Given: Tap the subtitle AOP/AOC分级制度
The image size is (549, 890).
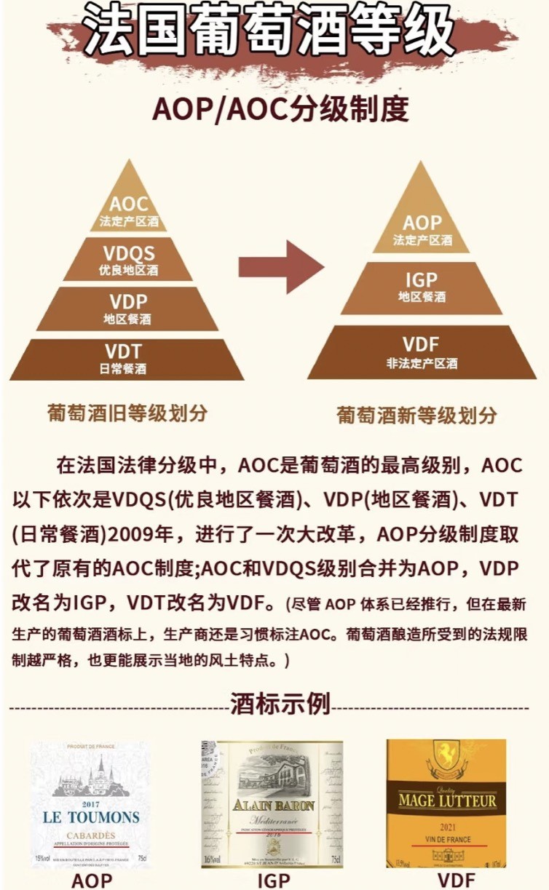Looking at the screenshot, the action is click(280, 110).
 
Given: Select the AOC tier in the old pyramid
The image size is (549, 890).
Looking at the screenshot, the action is click(129, 210).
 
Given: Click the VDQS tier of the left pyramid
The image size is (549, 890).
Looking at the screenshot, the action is click(129, 260).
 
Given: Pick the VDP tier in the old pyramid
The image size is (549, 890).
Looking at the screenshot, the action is click(129, 309).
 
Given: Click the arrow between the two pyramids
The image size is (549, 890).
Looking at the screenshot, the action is click(280, 267).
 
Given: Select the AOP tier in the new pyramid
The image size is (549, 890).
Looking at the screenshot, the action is click(422, 229).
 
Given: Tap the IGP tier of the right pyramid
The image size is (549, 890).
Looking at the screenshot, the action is click(422, 287).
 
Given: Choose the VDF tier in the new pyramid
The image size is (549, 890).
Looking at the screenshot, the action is click(422, 351).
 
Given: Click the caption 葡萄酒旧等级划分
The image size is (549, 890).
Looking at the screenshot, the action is click(127, 413).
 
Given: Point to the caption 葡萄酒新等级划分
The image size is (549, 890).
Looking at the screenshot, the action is click(416, 415).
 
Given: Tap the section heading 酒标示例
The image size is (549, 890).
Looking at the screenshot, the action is click(280, 704).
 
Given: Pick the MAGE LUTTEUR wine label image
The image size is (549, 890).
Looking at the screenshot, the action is click(446, 803).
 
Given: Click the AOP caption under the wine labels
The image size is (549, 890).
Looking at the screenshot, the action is click(92, 880).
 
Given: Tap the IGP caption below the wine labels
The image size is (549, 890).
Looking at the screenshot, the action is click(274, 880).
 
